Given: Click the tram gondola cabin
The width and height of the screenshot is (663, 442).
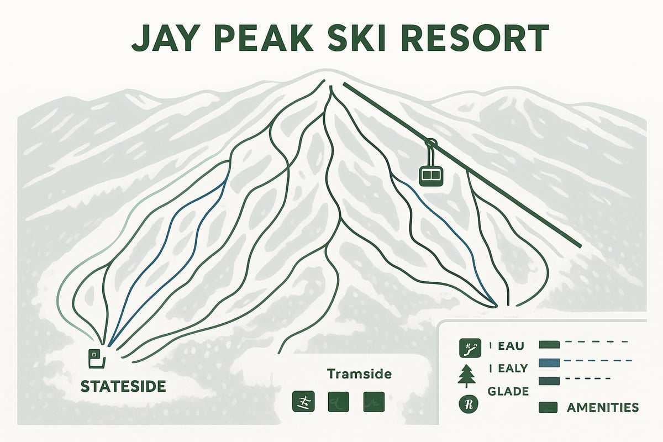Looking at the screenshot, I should [x=432, y=175].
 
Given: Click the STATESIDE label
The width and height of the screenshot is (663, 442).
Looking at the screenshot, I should [x=123, y=386].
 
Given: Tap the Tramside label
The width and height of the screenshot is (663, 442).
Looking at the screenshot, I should [x=359, y=374].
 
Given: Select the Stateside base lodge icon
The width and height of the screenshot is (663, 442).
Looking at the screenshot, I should [x=96, y=358].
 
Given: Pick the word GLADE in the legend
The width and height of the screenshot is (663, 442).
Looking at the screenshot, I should [x=508, y=391].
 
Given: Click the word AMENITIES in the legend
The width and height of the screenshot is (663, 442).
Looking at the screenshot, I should [x=603, y=408].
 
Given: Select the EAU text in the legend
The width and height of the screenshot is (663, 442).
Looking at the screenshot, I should [x=511, y=346].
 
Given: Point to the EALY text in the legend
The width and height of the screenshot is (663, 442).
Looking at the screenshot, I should [x=512, y=369].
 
